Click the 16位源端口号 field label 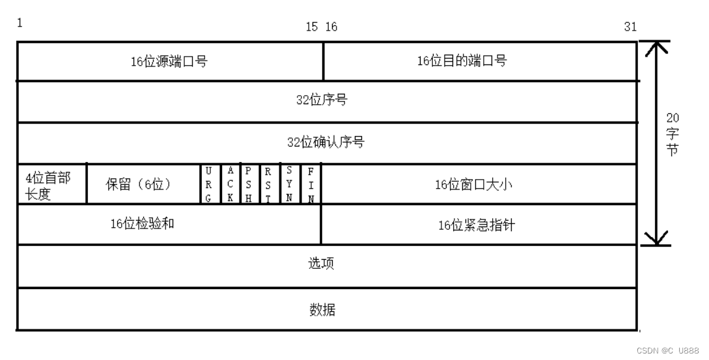[x=169, y=62]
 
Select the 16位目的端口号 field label [x=462, y=61]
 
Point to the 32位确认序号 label [x=326, y=142]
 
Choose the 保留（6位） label [x=138, y=184]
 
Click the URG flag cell [x=208, y=184]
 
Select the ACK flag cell [x=230, y=184]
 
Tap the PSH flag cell [x=249, y=184]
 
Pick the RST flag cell [x=268, y=184]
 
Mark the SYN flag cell [x=288, y=184]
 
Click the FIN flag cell [x=311, y=184]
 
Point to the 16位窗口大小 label [x=474, y=184]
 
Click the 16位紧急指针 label [x=477, y=225]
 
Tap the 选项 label [x=322, y=264]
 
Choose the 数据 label [x=322, y=309]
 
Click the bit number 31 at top [x=630, y=27]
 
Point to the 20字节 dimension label [x=673, y=133]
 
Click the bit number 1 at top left [x=20, y=23]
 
